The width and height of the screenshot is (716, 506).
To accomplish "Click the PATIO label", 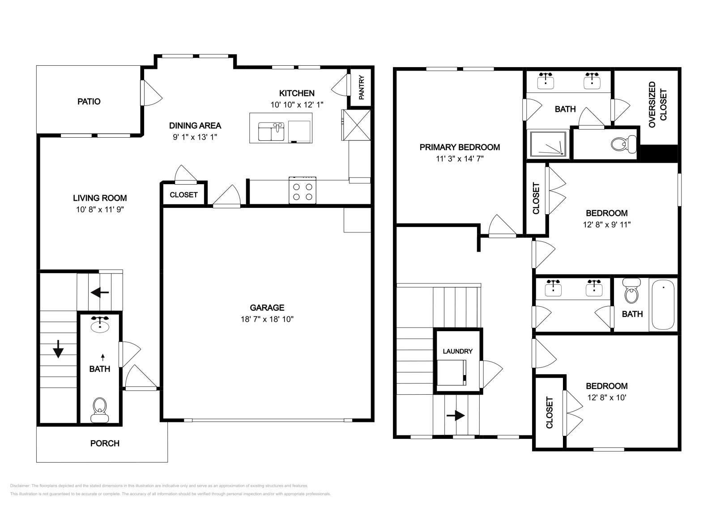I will [89, 101].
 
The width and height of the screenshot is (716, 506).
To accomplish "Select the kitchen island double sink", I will [271, 132].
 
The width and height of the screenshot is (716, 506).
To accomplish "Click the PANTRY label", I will [362, 88].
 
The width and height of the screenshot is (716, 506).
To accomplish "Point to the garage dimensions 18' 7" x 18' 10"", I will [267, 319].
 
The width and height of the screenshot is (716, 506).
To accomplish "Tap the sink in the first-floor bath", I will [99, 325].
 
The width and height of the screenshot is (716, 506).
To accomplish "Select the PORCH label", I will [105, 443].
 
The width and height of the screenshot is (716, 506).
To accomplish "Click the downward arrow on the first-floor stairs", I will [58, 349].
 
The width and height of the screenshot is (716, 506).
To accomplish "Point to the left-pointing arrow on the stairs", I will [100, 293].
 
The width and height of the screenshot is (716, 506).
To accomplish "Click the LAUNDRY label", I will [457, 351].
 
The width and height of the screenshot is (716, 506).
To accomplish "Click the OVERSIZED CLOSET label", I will [657, 105].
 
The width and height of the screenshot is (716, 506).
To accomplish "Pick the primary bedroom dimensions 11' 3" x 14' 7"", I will [460, 158].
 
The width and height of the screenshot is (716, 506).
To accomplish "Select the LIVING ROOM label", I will [100, 198].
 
